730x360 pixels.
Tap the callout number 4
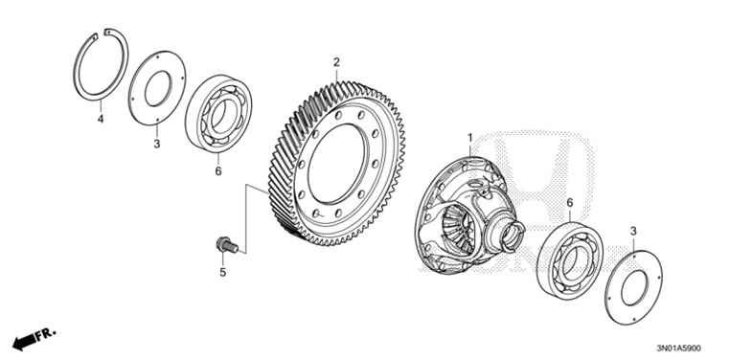click(x=99, y=120)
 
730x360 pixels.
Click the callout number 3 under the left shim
click(x=157, y=144)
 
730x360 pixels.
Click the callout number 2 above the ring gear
click(x=336, y=63)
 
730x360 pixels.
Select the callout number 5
click(x=221, y=273)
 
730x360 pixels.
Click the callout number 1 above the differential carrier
click(x=469, y=140)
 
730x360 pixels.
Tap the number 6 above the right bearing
click(x=570, y=203)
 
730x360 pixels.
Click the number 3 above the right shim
click(x=633, y=231)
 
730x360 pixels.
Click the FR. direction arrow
click(x=34, y=338)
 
